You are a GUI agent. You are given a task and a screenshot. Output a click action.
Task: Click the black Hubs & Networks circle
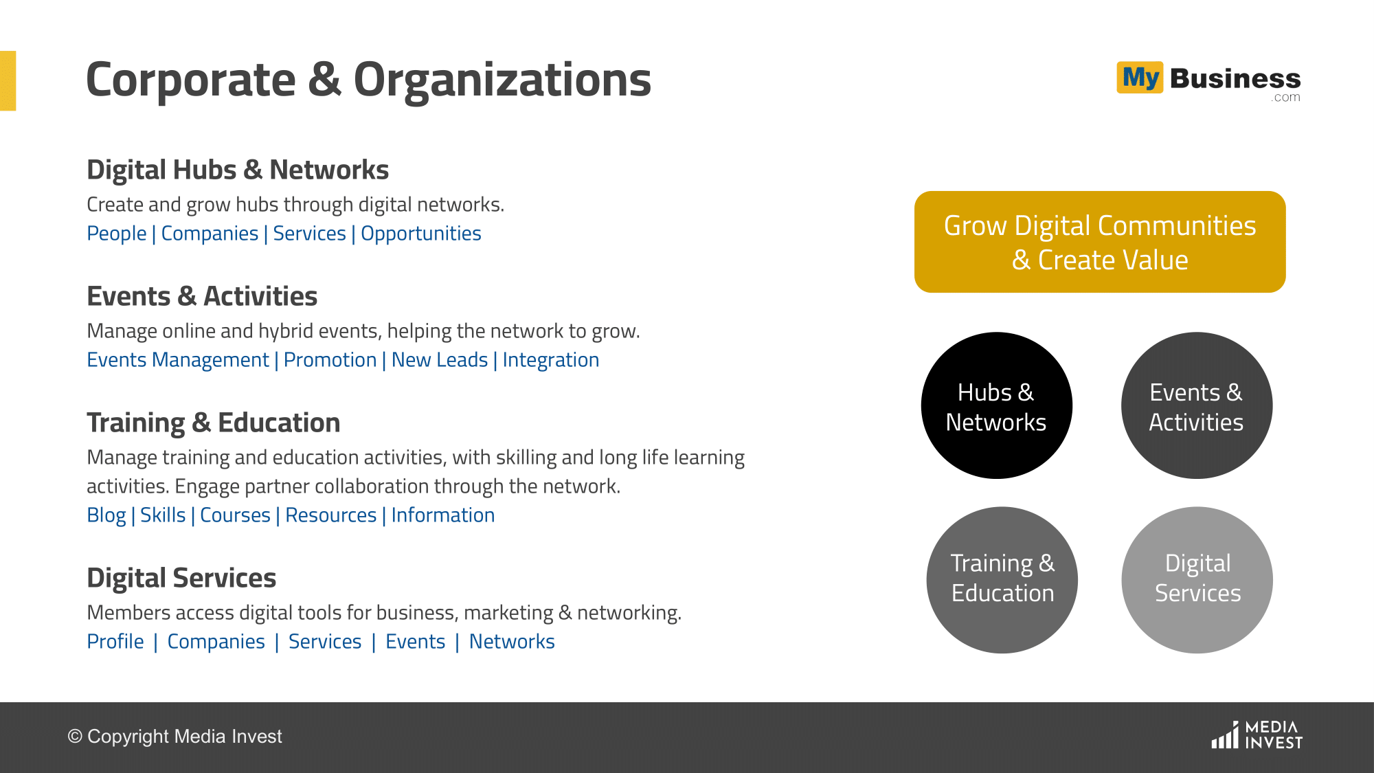(996, 405)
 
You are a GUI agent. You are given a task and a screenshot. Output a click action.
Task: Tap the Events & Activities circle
(1197, 405)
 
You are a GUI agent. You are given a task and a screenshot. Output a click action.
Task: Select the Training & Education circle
(1002, 580)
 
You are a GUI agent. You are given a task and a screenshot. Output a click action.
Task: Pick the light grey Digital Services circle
(1197, 580)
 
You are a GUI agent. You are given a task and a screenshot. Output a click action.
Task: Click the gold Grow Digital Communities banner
(1100, 242)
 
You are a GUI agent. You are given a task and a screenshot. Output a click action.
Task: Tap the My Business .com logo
(1208, 82)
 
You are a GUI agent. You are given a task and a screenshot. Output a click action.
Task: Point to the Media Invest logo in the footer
(1257, 735)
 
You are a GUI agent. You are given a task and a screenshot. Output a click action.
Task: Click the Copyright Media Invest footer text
(174, 737)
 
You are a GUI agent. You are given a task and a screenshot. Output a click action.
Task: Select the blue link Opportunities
(421, 234)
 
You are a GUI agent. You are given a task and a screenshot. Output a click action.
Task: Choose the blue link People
(117, 234)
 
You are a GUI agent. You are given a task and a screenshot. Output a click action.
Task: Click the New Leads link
(440, 360)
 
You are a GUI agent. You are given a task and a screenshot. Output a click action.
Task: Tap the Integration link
(551, 360)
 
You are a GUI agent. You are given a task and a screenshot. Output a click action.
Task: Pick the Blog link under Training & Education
(106, 515)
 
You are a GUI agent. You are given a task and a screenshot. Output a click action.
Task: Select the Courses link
(235, 515)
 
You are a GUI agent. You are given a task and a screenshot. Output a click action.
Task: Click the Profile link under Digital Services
(115, 642)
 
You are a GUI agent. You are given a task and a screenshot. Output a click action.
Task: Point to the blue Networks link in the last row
(512, 642)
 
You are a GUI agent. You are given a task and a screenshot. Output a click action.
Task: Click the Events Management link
(178, 360)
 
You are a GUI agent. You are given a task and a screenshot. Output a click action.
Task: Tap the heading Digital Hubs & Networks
(238, 170)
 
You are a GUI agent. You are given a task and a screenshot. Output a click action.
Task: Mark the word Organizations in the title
(502, 80)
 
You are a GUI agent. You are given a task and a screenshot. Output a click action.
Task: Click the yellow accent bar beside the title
(8, 80)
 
